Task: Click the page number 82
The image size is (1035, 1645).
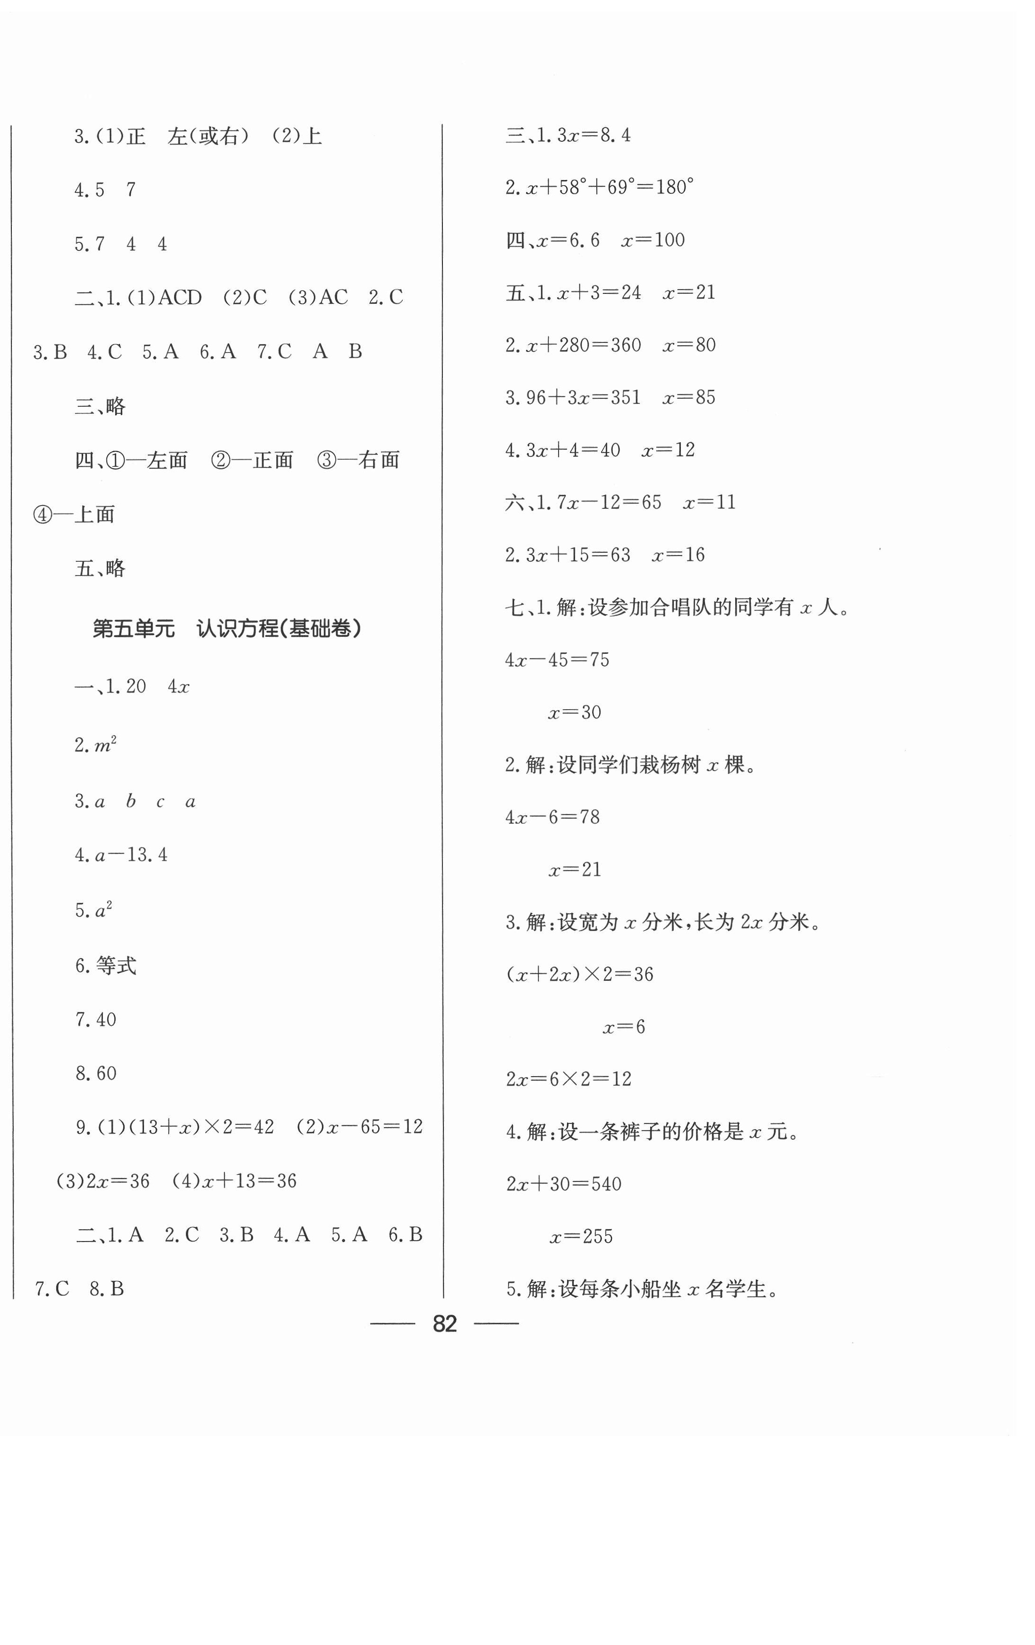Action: [444, 1324]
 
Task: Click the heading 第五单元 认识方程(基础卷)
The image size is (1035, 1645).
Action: [227, 628]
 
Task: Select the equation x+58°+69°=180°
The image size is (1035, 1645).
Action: [610, 187]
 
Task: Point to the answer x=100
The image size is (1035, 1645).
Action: [653, 240]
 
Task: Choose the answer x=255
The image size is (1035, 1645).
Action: [581, 1236]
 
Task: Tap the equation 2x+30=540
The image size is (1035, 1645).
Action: [564, 1184]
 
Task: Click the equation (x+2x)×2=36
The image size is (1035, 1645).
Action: [580, 974]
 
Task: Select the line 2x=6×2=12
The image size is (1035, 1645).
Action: [568, 1080]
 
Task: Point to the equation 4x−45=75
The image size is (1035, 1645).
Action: [557, 660]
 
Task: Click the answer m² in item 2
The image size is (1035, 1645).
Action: [104, 745]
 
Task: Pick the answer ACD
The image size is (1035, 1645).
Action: [179, 298]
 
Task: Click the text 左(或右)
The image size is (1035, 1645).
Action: [208, 137]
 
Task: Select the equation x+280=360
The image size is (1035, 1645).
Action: [584, 345]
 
